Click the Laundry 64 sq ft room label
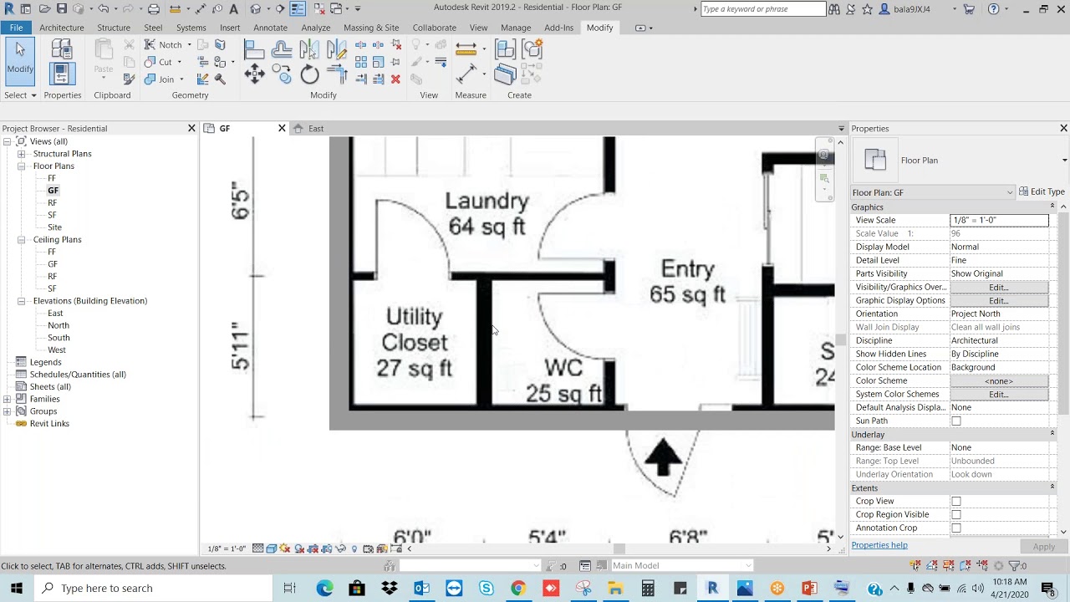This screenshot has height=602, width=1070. point(487,214)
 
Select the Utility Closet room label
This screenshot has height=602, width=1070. point(415,342)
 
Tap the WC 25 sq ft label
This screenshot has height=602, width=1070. point(563,381)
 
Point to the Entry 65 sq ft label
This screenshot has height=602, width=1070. point(687,282)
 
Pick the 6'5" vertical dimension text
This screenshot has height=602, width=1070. point(240,201)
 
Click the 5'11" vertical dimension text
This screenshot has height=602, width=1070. point(240,345)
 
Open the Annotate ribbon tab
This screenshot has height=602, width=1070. point(270,28)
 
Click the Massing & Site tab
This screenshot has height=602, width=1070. point(371,28)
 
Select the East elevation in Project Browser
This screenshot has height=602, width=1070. point(55,313)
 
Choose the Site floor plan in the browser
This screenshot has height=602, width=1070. point(54,227)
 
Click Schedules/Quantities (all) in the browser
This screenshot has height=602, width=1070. point(78,375)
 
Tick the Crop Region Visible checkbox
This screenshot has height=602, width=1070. point(956,515)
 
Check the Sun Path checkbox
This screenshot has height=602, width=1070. point(956,421)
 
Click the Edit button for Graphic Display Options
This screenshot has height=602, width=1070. point(998,301)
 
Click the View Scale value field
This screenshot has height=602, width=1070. point(999,221)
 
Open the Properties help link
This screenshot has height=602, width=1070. point(879,545)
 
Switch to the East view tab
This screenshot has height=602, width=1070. point(315,129)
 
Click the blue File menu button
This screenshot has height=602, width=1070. point(17,28)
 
